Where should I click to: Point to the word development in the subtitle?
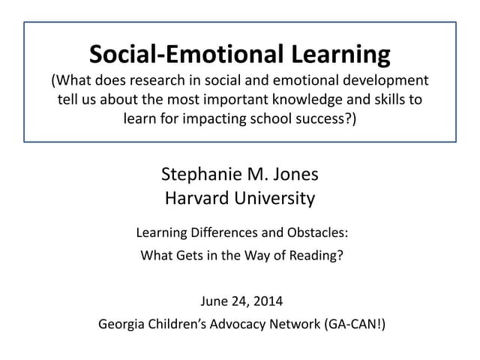384,81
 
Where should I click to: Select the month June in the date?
214,302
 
